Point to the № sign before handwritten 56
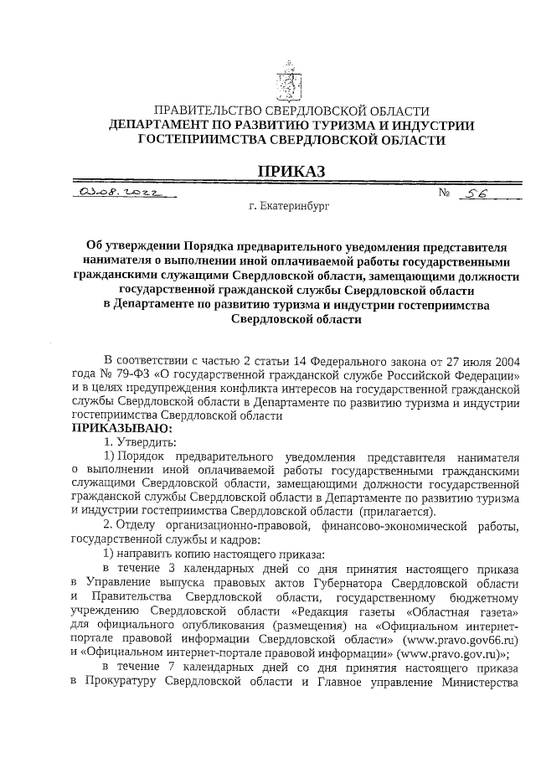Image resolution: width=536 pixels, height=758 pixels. (445, 194)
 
